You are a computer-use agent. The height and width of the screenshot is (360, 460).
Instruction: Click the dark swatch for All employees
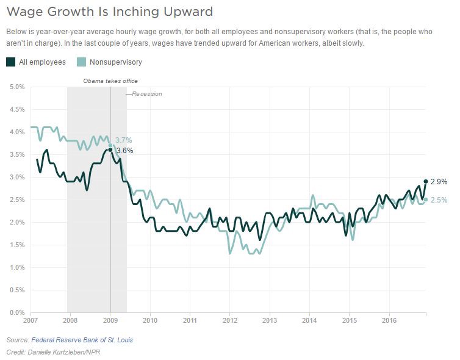[x=11, y=62]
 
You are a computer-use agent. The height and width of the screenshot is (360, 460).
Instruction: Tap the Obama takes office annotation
[x=110, y=81]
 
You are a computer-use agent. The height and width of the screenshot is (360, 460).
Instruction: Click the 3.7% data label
[x=124, y=140]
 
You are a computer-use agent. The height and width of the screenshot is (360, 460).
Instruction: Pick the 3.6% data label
[x=124, y=150]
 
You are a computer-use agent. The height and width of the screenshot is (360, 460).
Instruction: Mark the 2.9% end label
[x=439, y=182]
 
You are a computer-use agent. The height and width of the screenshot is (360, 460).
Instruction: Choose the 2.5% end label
[x=439, y=200]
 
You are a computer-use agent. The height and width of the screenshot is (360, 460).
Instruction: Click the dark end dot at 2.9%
[x=426, y=181]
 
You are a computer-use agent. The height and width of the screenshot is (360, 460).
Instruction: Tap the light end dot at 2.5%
[x=426, y=199]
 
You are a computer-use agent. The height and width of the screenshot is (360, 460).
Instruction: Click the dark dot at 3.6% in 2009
[x=110, y=149]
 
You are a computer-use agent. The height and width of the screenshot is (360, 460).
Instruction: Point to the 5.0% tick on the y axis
[x=16, y=87]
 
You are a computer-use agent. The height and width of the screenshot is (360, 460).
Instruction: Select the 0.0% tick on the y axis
[x=16, y=312]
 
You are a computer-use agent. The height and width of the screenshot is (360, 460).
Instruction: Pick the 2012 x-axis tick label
[x=230, y=320]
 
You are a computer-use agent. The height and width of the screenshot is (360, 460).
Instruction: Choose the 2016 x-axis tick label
[x=390, y=320]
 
